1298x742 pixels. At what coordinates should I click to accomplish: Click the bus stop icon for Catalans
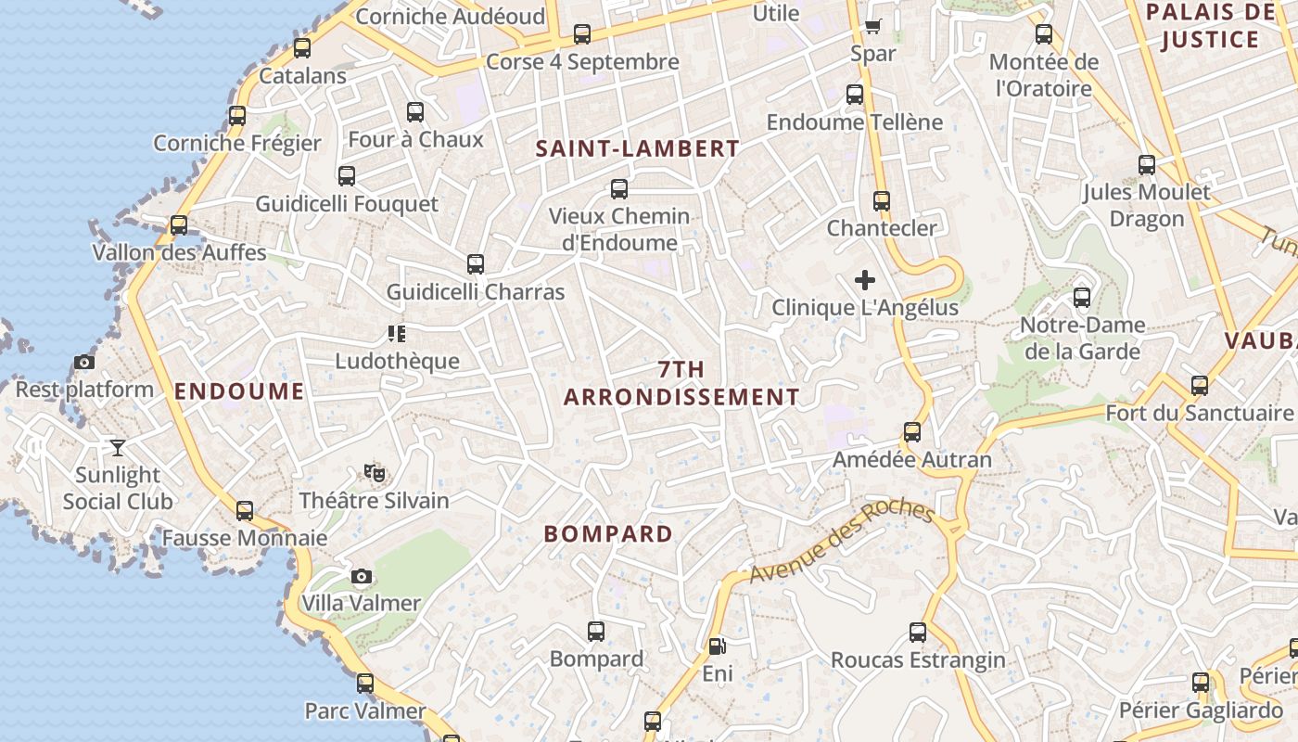point(302,48)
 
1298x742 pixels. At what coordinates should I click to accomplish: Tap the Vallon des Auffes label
point(179,252)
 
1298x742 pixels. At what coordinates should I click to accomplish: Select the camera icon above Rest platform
point(84,363)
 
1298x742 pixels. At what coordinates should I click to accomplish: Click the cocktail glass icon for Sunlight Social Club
point(118,448)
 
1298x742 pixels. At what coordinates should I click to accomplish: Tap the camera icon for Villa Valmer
point(362,577)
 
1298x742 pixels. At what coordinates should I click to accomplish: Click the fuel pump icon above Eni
point(717,646)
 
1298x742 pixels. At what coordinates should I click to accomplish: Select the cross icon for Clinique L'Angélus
point(865,280)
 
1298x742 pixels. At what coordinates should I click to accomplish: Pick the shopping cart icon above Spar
point(872,26)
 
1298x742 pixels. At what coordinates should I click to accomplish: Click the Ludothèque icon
point(397,334)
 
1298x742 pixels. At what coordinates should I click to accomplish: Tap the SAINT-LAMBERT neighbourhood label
point(638,148)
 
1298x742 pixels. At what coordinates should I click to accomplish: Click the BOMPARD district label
point(608,534)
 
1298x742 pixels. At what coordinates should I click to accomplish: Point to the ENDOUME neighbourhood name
point(239,391)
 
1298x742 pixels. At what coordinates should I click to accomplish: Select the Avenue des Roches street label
point(841,542)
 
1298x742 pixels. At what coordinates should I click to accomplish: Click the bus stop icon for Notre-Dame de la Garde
point(1082,298)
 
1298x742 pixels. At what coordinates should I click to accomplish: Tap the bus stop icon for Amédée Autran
point(912,432)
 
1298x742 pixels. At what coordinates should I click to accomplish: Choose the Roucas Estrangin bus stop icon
point(918,633)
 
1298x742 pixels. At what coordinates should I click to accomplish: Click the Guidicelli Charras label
point(476,292)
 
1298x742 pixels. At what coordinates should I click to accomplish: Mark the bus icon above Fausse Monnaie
point(245,511)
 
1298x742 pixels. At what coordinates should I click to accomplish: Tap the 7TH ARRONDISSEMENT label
point(681,383)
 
